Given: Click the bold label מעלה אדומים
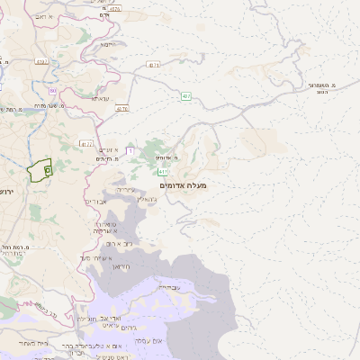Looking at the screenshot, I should (x=183, y=185).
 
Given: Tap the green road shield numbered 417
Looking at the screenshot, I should (x=163, y=170).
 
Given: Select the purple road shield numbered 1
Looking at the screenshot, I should (x=130, y=150).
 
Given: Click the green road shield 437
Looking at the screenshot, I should (x=185, y=94).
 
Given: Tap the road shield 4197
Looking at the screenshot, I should (x=40, y=61).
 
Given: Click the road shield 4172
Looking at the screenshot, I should (x=86, y=142).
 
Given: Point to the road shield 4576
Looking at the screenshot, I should (x=122, y=109).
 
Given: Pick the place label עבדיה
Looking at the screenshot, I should (x=168, y=286).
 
